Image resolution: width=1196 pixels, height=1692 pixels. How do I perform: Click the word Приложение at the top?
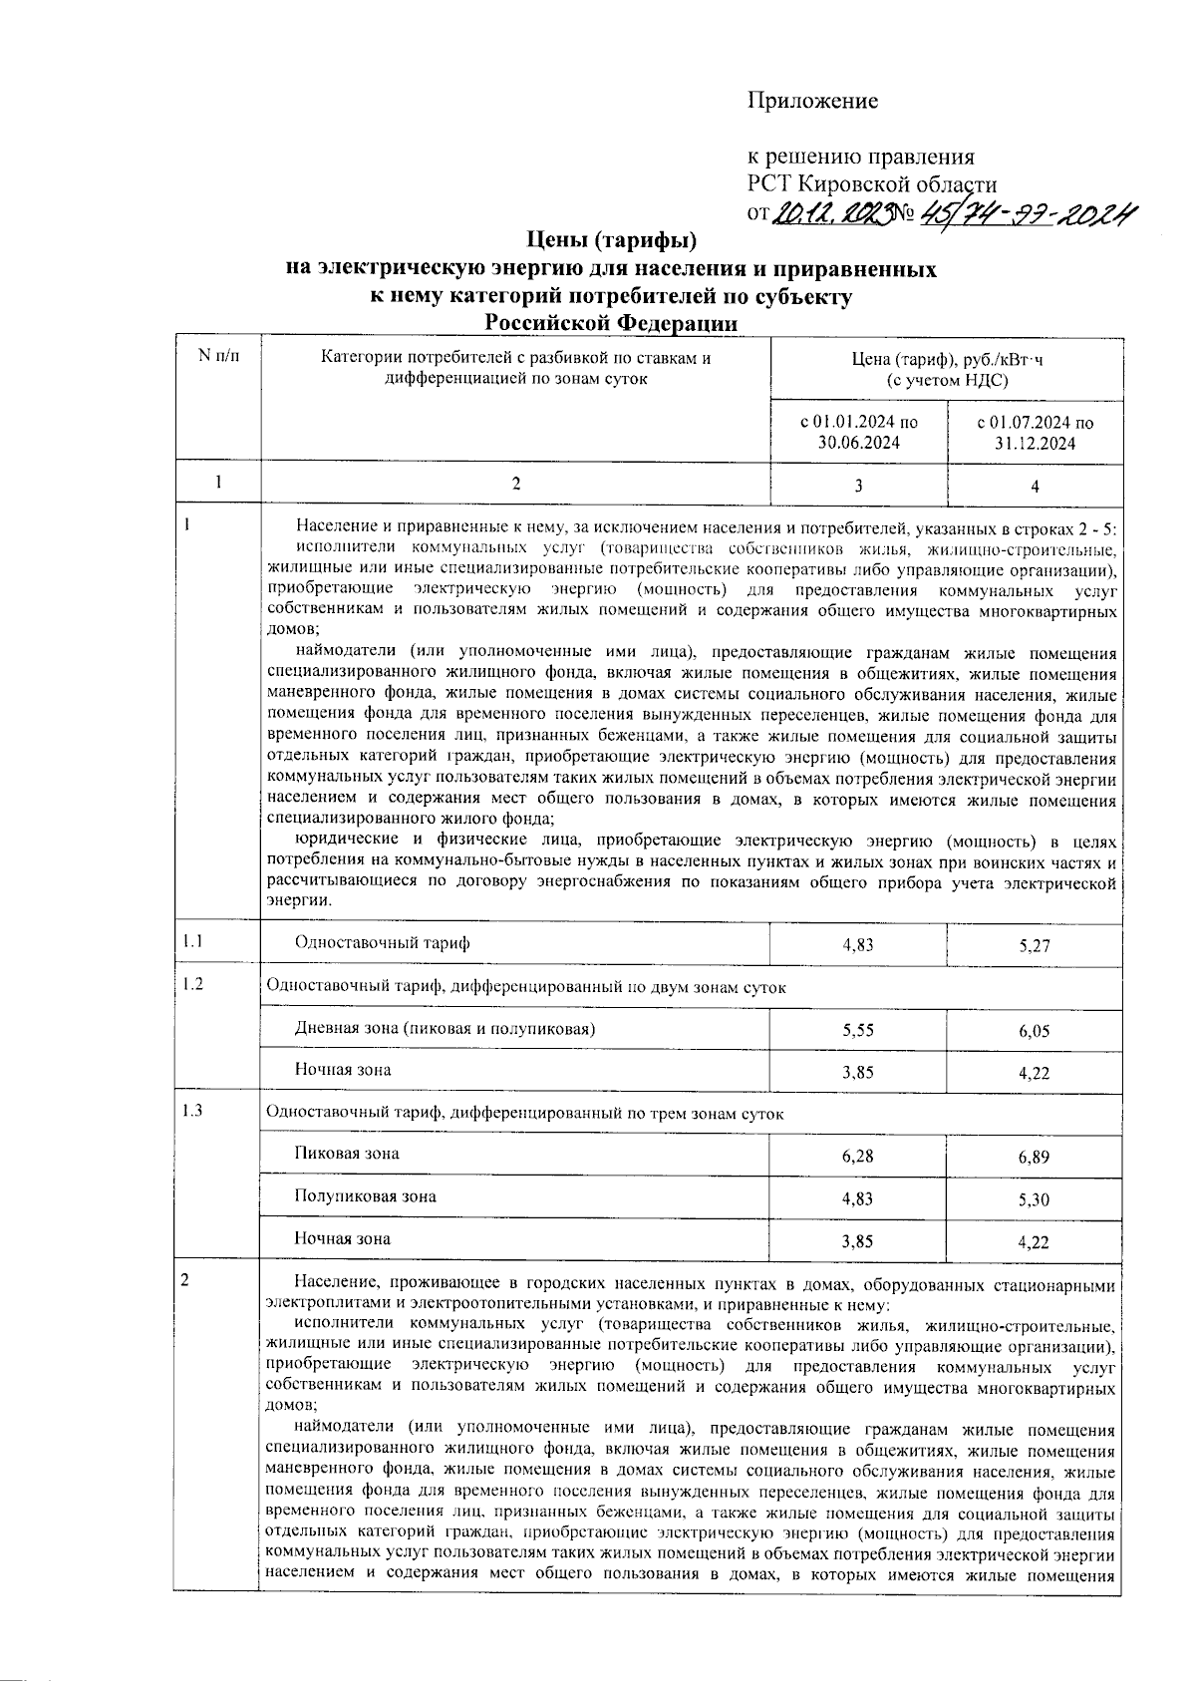(813, 101)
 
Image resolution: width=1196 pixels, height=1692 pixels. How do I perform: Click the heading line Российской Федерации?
(611, 323)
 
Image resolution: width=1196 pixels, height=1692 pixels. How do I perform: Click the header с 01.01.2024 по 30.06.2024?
(859, 433)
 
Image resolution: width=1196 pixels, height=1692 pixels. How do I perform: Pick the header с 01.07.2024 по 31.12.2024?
(1035, 433)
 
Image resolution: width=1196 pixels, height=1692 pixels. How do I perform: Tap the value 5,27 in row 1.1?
(1035, 945)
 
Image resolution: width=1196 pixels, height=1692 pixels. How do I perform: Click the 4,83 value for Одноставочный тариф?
(858, 944)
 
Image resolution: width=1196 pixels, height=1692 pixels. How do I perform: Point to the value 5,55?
(858, 1030)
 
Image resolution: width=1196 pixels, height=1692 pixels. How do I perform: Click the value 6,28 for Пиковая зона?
(858, 1156)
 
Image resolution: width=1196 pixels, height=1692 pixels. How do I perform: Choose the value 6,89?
(1035, 1158)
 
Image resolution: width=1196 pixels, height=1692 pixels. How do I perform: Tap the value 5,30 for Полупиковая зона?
(1035, 1200)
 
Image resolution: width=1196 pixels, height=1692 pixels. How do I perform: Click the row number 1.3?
(192, 1112)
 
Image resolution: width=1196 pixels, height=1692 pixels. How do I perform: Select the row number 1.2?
(192, 985)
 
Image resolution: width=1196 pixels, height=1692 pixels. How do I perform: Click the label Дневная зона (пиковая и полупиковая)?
(445, 1028)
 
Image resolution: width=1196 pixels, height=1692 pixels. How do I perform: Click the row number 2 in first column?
(184, 1281)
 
